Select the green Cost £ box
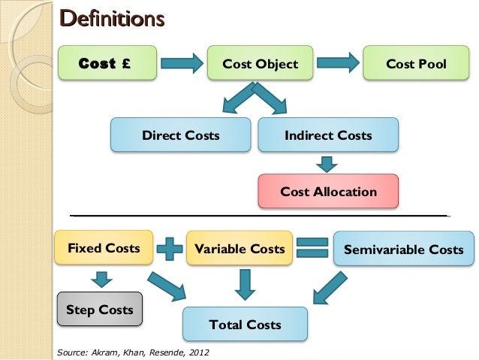click(107, 64)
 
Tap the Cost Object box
click(261, 64)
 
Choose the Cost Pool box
click(416, 64)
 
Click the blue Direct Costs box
click(181, 136)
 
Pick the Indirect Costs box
click(328, 136)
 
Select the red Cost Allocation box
click(328, 192)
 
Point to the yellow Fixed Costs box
click(104, 248)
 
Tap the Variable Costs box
click(239, 249)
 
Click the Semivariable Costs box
click(403, 249)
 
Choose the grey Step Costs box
click(99, 310)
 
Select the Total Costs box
click(245, 325)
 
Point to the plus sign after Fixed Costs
click(170, 249)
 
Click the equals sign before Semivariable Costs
click(312, 249)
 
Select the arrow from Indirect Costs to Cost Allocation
click(327, 163)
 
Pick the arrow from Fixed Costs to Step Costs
click(101, 278)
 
